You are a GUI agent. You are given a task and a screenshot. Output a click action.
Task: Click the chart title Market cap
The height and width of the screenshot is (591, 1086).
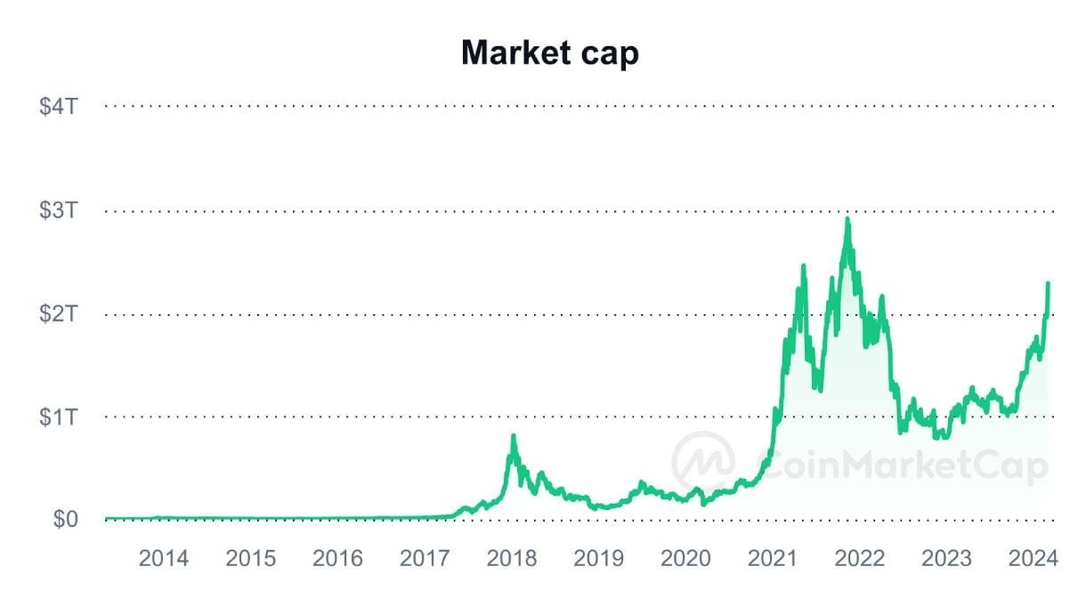pyautogui.click(x=549, y=53)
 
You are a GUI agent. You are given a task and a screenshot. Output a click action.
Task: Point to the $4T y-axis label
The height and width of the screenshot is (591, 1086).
pyautogui.click(x=61, y=107)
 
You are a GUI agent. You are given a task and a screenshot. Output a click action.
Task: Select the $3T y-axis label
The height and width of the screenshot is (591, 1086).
pyautogui.click(x=61, y=211)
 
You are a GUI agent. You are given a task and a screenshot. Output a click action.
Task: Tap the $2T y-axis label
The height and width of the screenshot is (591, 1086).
pyautogui.click(x=61, y=314)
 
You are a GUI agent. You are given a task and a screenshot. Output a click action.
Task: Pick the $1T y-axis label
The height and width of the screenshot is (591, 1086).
pyautogui.click(x=61, y=417)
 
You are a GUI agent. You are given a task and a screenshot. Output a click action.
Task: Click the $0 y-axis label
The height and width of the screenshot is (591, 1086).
pyautogui.click(x=64, y=519)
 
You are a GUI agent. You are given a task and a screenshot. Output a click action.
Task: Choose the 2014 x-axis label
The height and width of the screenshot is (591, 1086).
pyautogui.click(x=164, y=558)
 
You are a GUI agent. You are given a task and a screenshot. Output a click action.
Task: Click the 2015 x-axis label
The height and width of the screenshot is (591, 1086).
pyautogui.click(x=251, y=558)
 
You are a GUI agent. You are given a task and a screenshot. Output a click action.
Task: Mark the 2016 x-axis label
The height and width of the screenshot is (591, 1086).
pyautogui.click(x=338, y=558)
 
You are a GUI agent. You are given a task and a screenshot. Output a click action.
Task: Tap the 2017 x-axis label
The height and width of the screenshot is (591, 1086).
pyautogui.click(x=425, y=558)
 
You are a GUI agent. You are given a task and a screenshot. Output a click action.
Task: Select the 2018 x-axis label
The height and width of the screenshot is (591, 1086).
pyautogui.click(x=513, y=558)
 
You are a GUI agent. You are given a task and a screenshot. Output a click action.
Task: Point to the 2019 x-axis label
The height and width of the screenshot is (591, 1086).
pyautogui.click(x=599, y=558)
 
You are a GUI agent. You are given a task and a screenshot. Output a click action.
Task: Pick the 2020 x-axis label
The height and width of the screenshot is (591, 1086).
pyautogui.click(x=686, y=558)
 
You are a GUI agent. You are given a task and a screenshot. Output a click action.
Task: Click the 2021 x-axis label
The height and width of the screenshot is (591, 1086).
pyautogui.click(x=774, y=558)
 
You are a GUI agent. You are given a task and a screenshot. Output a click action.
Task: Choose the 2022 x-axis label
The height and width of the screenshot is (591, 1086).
pyautogui.click(x=861, y=558)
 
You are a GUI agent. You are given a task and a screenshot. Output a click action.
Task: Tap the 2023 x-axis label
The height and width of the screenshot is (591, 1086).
pyautogui.click(x=947, y=558)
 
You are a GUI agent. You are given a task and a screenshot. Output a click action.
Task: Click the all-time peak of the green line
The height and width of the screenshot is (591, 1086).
pyautogui.click(x=847, y=219)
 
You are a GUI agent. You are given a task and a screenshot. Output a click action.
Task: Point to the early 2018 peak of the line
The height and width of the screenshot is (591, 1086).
pyautogui.click(x=514, y=436)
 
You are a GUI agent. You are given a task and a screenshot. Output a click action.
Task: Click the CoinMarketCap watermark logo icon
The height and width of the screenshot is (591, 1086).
pyautogui.click(x=703, y=461)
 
